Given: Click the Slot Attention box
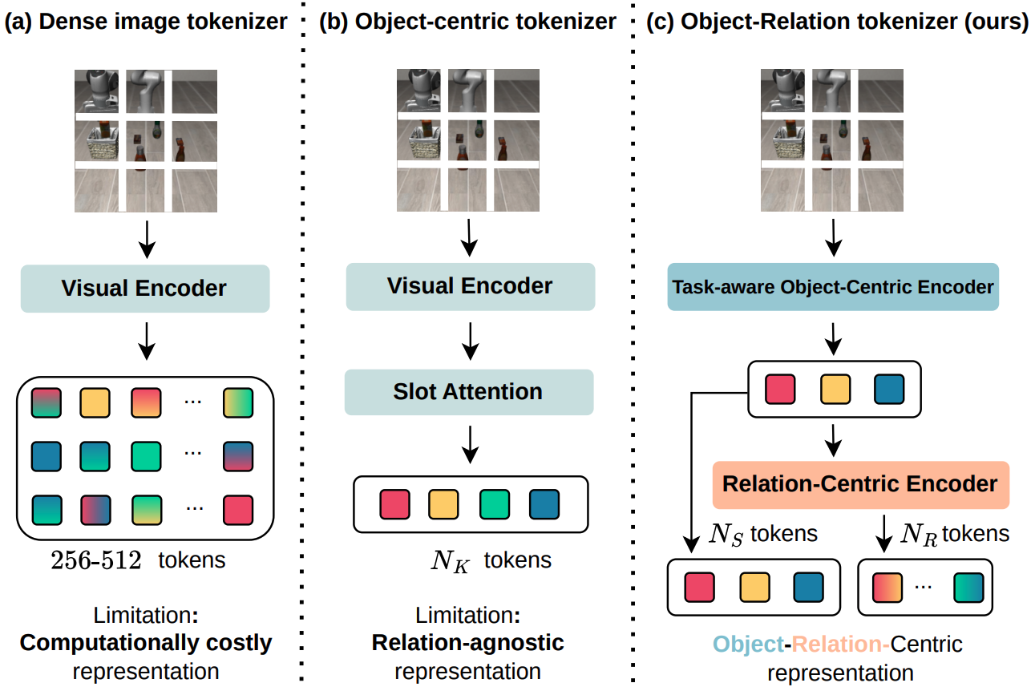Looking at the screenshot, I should (x=468, y=392).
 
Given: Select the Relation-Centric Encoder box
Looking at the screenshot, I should (x=860, y=484).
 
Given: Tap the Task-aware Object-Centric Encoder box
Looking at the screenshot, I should (x=833, y=287).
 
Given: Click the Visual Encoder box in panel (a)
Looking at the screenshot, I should (x=144, y=289).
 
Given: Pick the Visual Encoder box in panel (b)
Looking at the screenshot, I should (x=470, y=286).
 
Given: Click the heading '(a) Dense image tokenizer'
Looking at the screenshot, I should (x=146, y=22).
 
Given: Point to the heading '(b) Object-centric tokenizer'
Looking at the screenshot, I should (x=467, y=22).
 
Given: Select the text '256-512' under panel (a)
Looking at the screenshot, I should (x=96, y=560).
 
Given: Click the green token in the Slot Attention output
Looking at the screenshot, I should (x=495, y=504).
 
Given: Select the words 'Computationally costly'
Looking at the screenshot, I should (x=146, y=643).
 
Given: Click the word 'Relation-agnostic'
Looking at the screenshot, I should (x=467, y=643).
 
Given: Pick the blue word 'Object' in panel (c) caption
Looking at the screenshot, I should (x=747, y=644).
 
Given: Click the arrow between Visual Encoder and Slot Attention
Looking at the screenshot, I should (x=471, y=340).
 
